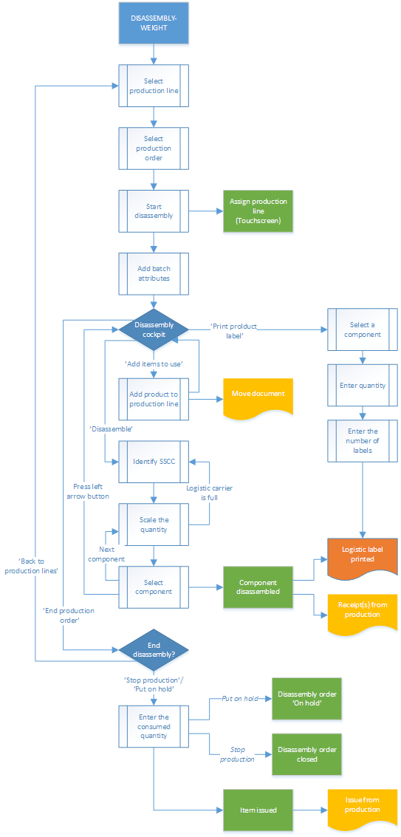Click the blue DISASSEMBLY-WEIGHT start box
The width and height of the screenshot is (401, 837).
[x=154, y=22]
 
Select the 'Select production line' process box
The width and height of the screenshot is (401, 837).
[x=154, y=86]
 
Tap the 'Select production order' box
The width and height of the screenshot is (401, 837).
[x=154, y=148]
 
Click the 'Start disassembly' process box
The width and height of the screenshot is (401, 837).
[x=154, y=211]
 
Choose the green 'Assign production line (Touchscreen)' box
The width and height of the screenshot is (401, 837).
[x=258, y=211]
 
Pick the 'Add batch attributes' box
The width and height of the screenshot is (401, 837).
[x=154, y=273]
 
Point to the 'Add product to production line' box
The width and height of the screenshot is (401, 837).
[x=154, y=399]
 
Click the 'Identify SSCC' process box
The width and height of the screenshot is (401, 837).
[x=154, y=461]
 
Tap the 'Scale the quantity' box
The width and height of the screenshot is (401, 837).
[x=154, y=524]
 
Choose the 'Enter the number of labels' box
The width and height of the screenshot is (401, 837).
[x=362, y=440]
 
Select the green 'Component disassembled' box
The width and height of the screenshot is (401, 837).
[x=258, y=587]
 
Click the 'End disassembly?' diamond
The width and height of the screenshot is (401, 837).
[x=154, y=650]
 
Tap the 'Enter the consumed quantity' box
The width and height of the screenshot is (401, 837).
[x=154, y=726]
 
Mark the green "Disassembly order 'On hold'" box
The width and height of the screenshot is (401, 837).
[x=307, y=699]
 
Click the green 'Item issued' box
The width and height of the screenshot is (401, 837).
[x=258, y=810]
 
